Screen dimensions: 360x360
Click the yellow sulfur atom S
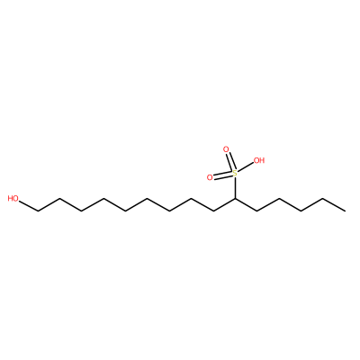[235, 174]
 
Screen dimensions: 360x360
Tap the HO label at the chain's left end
[13, 198]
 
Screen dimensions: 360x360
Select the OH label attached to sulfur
[259, 160]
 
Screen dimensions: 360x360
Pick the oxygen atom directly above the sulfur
[226, 149]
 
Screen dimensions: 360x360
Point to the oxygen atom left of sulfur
[210, 177]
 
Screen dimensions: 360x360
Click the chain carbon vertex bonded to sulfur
[236, 199]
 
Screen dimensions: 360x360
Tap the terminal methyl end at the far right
[345, 211]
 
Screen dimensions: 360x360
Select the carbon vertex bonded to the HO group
[38, 211]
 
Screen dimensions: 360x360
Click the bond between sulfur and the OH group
[246, 167]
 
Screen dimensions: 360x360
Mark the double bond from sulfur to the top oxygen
[230, 162]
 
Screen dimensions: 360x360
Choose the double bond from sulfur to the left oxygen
[222, 175]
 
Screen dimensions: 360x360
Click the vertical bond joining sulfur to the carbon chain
[236, 188]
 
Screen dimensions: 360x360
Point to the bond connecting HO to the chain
[29, 206]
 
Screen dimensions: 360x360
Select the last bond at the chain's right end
[334, 205]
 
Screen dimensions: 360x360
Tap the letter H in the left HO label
[11, 198]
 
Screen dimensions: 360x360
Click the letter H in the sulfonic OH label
[262, 160]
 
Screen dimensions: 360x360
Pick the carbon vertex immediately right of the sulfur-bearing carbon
[257, 211]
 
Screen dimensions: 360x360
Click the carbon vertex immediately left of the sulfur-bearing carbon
[213, 211]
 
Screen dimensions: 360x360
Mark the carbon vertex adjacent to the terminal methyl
[323, 199]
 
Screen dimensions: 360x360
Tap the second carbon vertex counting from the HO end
[60, 199]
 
